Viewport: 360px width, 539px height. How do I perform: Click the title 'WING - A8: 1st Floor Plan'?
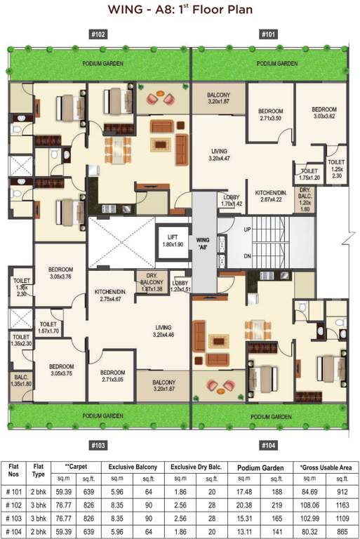click(180, 11)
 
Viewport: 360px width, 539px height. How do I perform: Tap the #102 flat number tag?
click(98, 34)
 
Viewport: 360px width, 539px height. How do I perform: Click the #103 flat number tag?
click(98, 445)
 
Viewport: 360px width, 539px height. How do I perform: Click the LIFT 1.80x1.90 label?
click(172, 241)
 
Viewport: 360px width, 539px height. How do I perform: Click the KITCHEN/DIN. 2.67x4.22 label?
click(269, 195)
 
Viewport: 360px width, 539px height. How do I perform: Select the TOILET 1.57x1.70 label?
click(48, 321)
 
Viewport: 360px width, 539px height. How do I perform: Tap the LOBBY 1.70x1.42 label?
click(231, 201)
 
